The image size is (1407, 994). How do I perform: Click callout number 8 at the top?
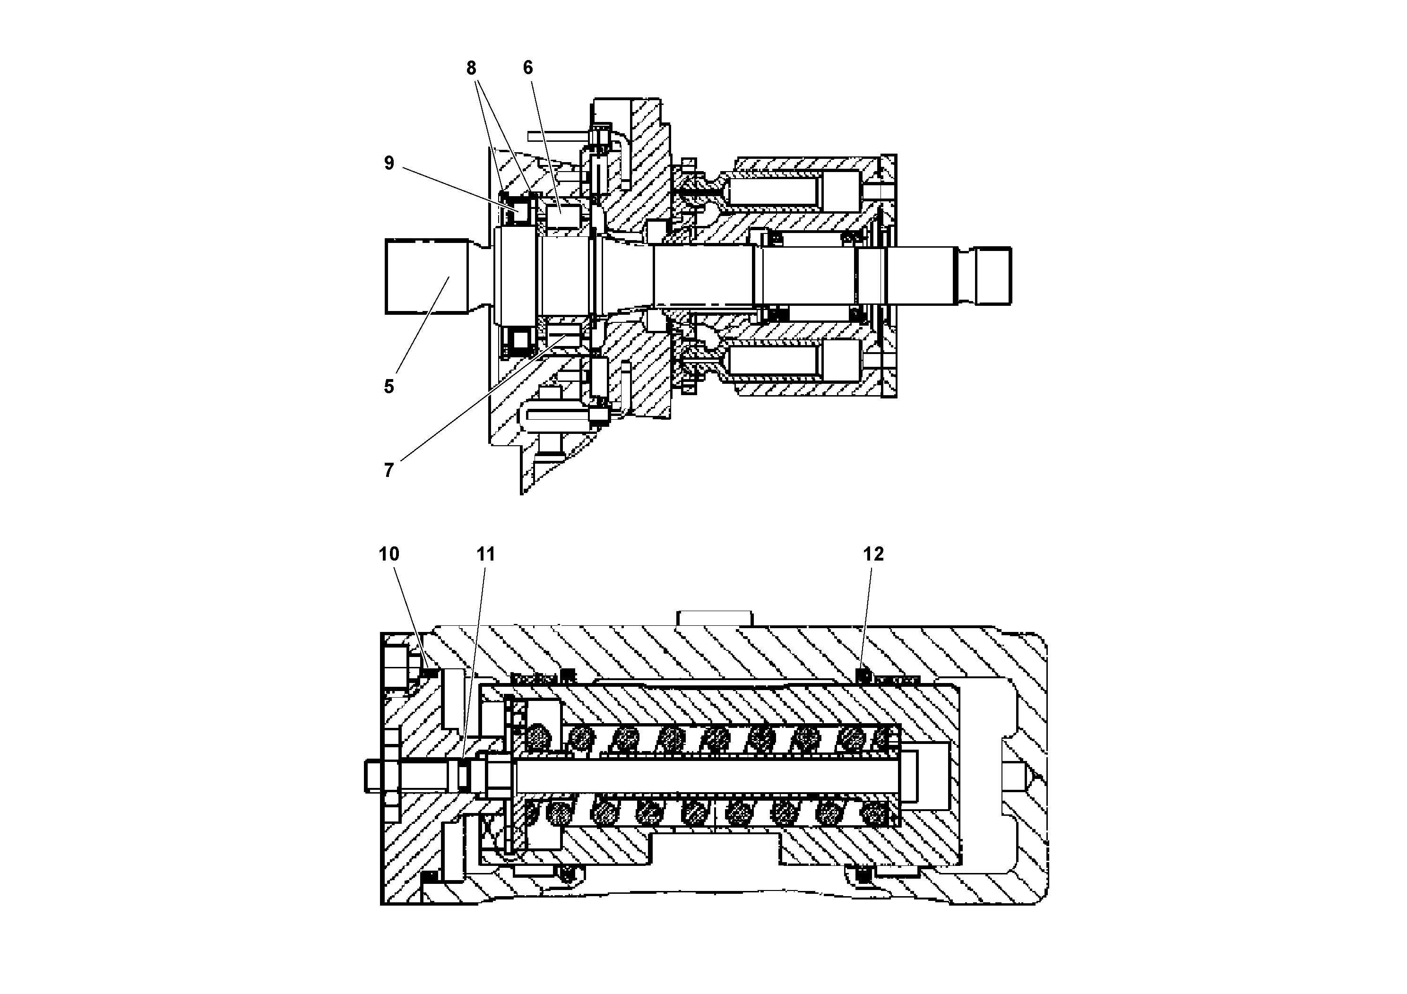(471, 68)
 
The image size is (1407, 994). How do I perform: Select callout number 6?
(527, 68)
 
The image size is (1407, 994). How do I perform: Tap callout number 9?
(389, 163)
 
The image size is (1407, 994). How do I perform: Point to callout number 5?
(389, 387)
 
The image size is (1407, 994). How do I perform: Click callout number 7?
(389, 470)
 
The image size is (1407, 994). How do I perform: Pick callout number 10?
(389, 554)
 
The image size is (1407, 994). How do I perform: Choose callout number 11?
(485, 554)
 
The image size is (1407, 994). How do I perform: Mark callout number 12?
(873, 554)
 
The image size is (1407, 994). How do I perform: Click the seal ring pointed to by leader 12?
(863, 676)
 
